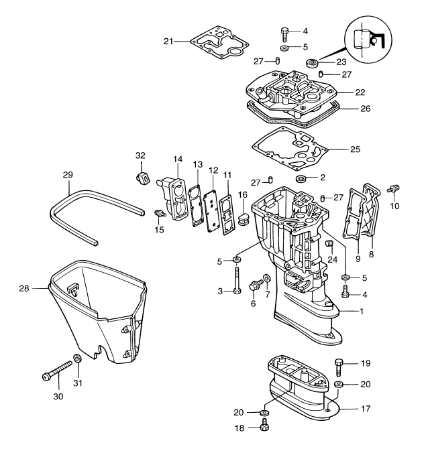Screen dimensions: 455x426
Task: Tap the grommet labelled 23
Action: tap(313, 63)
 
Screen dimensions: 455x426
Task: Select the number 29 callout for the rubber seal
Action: tap(67, 174)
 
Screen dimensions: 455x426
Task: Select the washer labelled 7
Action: tap(268, 277)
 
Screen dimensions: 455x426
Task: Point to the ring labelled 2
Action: tap(301, 179)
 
